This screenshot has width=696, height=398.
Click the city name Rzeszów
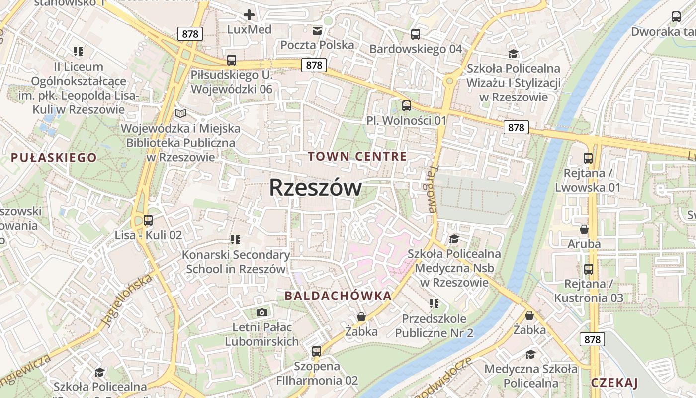(316, 188)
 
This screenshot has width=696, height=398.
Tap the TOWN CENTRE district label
(357, 156)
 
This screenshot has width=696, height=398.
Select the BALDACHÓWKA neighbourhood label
(338, 296)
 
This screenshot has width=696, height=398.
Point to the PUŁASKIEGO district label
(54, 158)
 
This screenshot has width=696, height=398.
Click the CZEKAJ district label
(614, 382)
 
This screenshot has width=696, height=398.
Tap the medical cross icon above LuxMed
(249, 15)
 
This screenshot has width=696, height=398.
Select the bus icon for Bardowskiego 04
(416, 34)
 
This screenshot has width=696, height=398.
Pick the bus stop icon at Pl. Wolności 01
(407, 106)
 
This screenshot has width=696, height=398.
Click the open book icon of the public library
(180, 114)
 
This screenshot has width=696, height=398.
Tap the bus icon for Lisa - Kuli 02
(148, 220)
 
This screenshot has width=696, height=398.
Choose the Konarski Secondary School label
(236, 262)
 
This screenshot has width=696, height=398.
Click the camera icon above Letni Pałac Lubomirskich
(261, 312)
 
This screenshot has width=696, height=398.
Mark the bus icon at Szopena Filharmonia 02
(317, 351)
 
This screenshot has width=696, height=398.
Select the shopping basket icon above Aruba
(584, 229)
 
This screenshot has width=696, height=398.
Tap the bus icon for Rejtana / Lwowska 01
(588, 158)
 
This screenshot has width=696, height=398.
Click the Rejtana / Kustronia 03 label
(588, 291)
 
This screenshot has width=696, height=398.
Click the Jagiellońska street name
(127, 300)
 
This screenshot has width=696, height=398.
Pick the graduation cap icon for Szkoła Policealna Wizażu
(513, 54)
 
